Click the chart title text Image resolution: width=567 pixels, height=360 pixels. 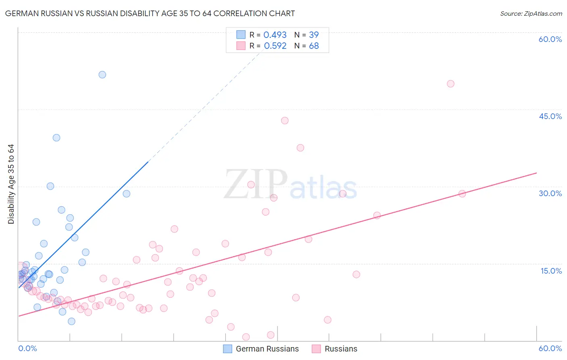coord(150,13)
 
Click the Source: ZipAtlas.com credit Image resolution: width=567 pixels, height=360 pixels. coord(531,13)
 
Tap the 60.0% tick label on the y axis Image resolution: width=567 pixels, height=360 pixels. coord(550,39)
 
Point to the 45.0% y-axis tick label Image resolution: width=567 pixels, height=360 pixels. coord(550,116)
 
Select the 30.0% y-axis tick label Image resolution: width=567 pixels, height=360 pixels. coord(550,193)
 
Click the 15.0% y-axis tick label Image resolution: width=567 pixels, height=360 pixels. coord(551,271)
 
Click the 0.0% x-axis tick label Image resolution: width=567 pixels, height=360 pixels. coord(27,348)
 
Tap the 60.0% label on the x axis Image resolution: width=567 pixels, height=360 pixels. coord(550,348)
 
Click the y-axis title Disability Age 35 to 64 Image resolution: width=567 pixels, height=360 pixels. coord(11,184)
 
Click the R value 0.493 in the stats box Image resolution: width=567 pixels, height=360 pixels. coord(275,35)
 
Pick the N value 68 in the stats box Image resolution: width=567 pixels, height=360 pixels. coord(314,46)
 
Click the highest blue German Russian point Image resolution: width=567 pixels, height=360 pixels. coord(102,75)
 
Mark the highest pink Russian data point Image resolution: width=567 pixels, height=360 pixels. coord(450,84)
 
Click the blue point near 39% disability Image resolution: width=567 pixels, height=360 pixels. coord(56,138)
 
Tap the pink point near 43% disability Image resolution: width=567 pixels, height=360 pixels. coord(285,121)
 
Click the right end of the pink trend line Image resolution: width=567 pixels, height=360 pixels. coord(536,173)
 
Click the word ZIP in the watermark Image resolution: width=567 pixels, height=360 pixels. coord(256,184)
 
